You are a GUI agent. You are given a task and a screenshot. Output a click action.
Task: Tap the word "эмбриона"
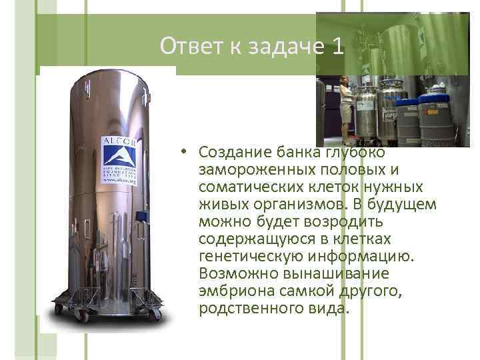coord(230,291)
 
